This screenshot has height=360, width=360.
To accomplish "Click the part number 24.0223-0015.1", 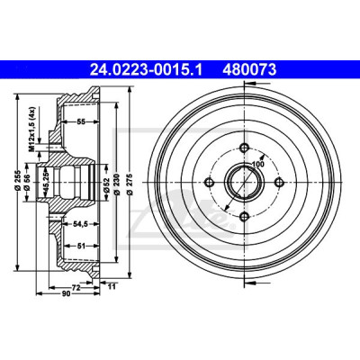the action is pyautogui.click(x=147, y=70).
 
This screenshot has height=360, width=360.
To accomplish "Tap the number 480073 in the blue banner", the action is pyautogui.click(x=249, y=70).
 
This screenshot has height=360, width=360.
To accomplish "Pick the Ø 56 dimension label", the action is pyautogui.click(x=28, y=182).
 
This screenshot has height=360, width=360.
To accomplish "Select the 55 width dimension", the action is pyautogui.click(x=81, y=121).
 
